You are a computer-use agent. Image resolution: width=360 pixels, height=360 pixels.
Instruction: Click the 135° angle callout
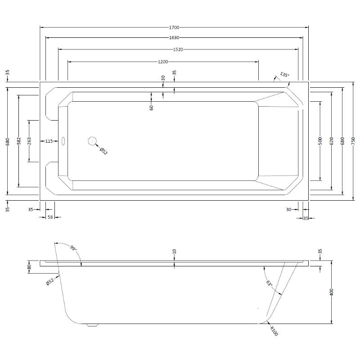(x=284, y=74)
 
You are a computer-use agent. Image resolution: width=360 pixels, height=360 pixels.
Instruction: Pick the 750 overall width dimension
(x=354, y=141)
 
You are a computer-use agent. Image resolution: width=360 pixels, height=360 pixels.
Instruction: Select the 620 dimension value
(x=331, y=141)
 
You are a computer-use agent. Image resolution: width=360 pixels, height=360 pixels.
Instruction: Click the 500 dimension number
(x=320, y=141)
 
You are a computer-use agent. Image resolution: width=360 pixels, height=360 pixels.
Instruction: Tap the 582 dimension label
(x=18, y=141)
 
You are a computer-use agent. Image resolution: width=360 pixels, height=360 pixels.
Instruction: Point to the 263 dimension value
(x=29, y=141)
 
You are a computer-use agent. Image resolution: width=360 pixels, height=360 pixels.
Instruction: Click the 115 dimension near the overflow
(x=49, y=141)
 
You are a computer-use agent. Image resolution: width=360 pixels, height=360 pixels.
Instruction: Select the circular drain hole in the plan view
(x=93, y=141)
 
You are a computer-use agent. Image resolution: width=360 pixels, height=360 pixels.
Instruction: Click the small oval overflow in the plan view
(x=63, y=141)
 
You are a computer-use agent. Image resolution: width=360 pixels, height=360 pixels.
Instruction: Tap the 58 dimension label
(x=50, y=217)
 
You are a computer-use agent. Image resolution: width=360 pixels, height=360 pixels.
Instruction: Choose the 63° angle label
(x=269, y=284)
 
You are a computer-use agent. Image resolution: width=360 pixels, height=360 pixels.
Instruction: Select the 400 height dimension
(x=332, y=292)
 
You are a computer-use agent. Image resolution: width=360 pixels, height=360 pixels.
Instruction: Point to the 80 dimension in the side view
(x=29, y=267)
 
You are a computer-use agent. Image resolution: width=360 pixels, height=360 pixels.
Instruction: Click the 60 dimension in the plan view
(x=152, y=108)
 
